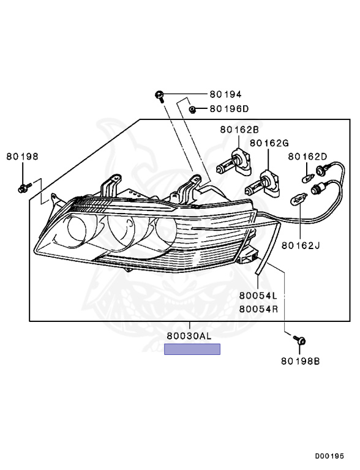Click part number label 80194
click(225, 94)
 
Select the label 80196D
click(229, 109)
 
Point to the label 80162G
click(268, 143)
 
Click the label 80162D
click(308, 156)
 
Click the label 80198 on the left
click(23, 156)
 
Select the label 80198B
click(301, 360)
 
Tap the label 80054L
click(258, 297)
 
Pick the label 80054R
click(258, 309)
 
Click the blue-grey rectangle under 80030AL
click(192, 349)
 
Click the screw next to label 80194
click(159, 95)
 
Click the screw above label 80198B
click(301, 340)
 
